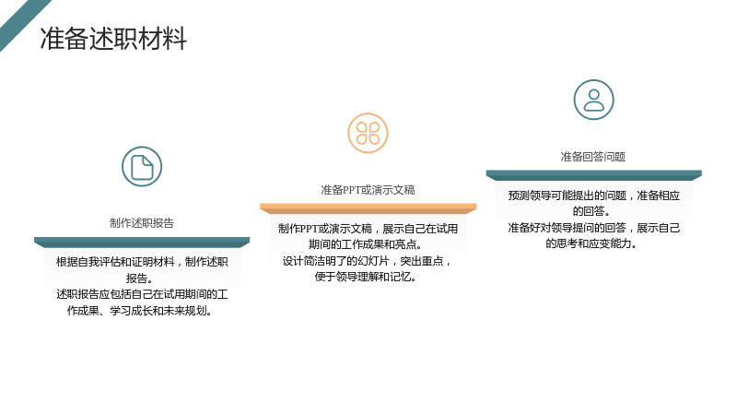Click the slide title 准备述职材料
(x=113, y=39)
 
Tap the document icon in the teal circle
(x=142, y=167)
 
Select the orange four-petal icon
(x=368, y=133)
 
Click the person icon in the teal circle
(x=593, y=100)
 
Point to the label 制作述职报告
(x=142, y=223)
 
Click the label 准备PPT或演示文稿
(x=368, y=190)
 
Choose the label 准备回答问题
(x=593, y=157)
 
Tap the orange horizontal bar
(x=368, y=209)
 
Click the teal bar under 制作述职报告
(x=142, y=243)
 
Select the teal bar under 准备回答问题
(x=593, y=175)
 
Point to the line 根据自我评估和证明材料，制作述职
(x=142, y=262)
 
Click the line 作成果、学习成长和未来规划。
(x=140, y=311)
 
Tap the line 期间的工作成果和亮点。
(x=366, y=244)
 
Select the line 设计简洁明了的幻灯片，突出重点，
(x=367, y=261)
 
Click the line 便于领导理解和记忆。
(x=366, y=277)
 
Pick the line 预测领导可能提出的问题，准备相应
(x=593, y=196)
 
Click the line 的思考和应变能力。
(x=591, y=243)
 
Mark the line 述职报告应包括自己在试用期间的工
(x=142, y=294)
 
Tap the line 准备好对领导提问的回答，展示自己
(x=593, y=228)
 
